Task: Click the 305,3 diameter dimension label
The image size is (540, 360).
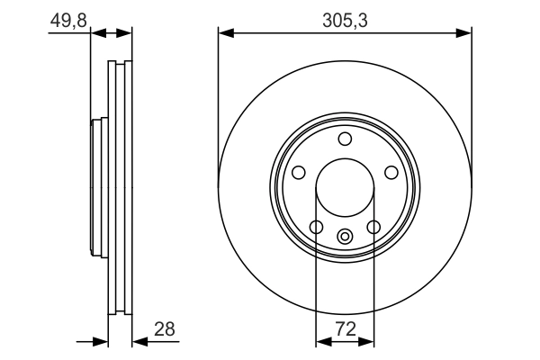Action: pyautogui.click(x=345, y=18)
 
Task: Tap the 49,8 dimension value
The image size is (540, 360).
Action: pyautogui.click(x=67, y=18)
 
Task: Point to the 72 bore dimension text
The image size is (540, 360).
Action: pyautogui.click(x=345, y=329)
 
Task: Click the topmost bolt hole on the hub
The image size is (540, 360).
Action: pyautogui.click(x=345, y=139)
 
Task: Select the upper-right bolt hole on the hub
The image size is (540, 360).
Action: pyautogui.click(x=391, y=172)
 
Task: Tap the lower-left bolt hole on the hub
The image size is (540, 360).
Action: pyautogui.click(x=316, y=227)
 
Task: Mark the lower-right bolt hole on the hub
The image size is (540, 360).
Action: pyautogui.click(x=373, y=227)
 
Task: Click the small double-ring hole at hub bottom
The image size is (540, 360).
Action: pyautogui.click(x=345, y=237)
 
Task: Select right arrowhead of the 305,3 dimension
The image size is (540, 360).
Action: pyautogui.click(x=465, y=33)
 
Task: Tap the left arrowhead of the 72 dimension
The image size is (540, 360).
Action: pyautogui.click(x=321, y=341)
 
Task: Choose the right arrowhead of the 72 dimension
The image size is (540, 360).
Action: pyautogui.click(x=368, y=341)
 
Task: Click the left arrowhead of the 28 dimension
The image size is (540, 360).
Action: pyautogui.click(x=102, y=341)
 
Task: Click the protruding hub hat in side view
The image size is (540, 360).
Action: pyautogui.click(x=98, y=189)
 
